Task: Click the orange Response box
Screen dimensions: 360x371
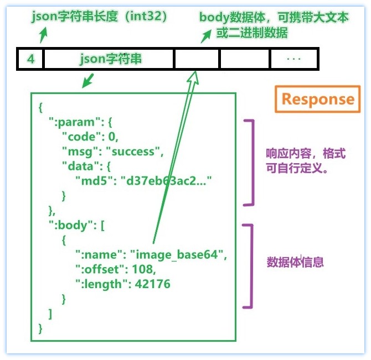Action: click(317, 100)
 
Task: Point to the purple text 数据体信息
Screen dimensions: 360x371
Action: click(295, 262)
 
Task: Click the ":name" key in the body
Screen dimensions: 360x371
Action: click(99, 255)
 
